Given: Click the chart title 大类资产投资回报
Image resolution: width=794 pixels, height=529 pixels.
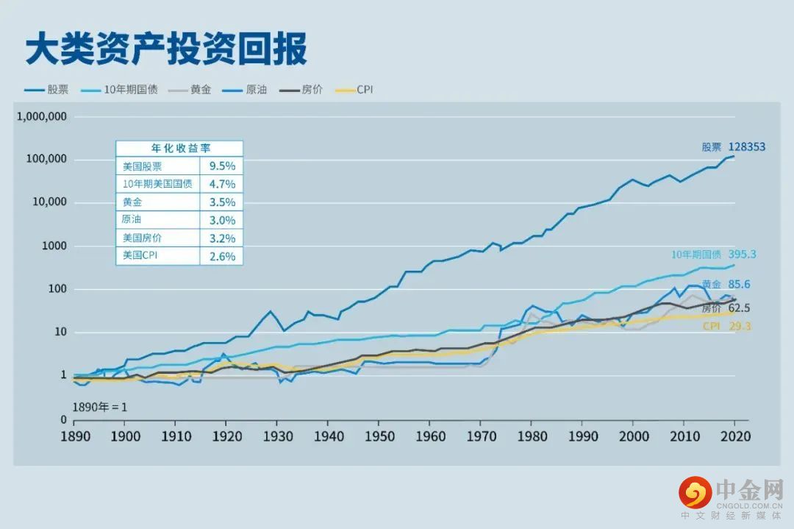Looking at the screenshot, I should click(166, 49).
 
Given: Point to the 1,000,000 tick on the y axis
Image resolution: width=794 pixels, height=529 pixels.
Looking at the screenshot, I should click(41, 116).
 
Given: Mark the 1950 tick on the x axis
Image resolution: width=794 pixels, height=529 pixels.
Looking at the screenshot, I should click(378, 436).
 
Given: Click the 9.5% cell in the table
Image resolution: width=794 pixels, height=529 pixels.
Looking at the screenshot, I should click(221, 166).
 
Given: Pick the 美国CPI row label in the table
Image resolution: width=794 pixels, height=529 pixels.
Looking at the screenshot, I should click(142, 257).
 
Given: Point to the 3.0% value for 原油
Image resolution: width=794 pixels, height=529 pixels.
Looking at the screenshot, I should click(221, 220).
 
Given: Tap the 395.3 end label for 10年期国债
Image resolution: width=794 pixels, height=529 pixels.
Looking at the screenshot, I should click(742, 255).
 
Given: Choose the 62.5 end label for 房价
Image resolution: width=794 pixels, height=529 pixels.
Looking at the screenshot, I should click(744, 308).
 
